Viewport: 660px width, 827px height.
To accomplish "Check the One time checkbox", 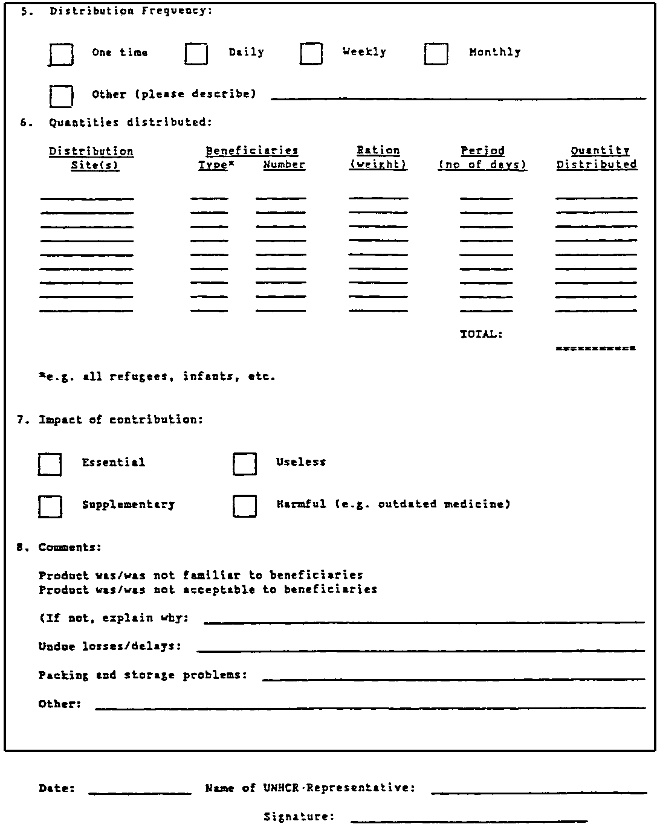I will tap(61, 54).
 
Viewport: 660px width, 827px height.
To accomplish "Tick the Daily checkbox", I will tap(196, 54).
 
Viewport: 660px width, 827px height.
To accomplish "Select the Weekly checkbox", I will tap(311, 53).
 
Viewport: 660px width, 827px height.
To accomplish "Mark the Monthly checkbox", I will tap(436, 54).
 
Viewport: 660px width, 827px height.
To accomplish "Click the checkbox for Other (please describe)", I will tap(61, 96).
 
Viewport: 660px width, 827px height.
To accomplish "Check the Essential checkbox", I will tap(50, 464).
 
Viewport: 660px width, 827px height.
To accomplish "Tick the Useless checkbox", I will tap(244, 464).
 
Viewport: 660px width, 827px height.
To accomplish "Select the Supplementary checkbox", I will tap(50, 506).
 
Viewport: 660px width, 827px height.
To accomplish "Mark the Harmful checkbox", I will tap(244, 506).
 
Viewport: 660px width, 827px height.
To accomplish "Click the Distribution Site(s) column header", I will tap(91, 158).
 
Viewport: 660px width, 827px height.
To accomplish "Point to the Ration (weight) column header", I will tap(378, 157).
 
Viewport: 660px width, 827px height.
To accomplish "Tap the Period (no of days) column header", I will tap(482, 157).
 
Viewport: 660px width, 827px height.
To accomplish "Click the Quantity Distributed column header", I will tap(597, 157).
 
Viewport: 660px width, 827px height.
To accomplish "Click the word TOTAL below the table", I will tap(481, 334).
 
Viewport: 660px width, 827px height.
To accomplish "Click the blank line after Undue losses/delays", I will tap(421, 649).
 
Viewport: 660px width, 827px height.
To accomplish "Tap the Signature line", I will tap(468, 820).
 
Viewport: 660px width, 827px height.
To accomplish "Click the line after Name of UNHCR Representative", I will tap(539, 791).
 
